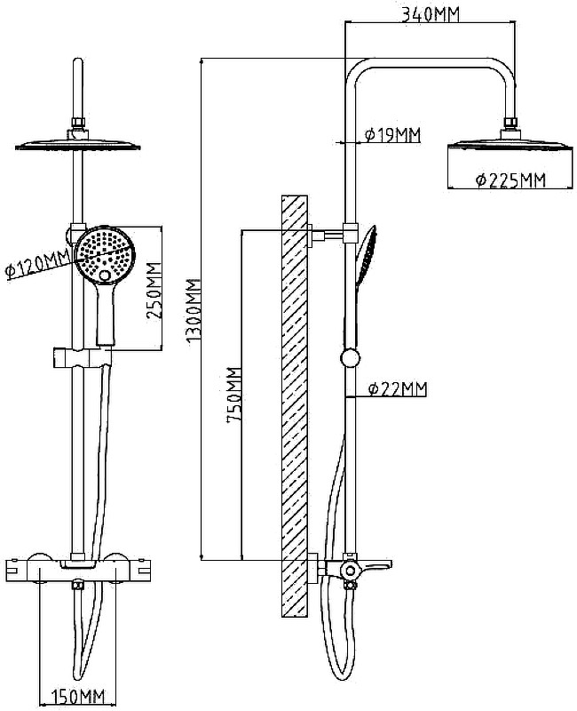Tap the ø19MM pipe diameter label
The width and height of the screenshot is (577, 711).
click(x=391, y=134)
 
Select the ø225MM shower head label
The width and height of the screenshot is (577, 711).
click(x=510, y=180)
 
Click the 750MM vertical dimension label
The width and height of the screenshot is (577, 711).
click(x=233, y=395)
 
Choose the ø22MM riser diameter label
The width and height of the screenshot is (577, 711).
click(x=397, y=388)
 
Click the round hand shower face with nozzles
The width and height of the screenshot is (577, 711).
click(x=105, y=253)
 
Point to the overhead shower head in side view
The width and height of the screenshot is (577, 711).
click(x=507, y=144)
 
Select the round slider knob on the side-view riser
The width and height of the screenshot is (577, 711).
click(x=352, y=359)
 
